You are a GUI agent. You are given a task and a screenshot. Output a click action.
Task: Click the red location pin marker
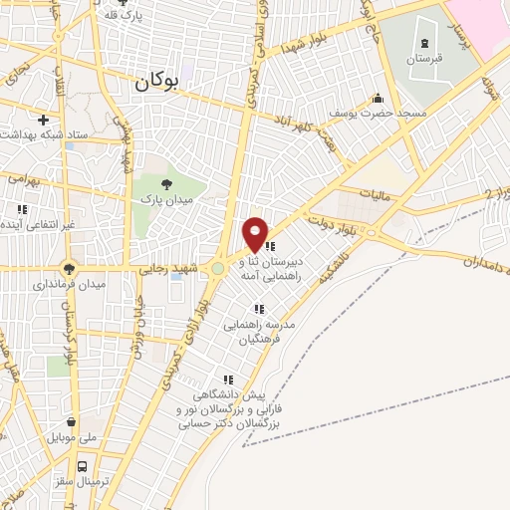[x=255, y=235]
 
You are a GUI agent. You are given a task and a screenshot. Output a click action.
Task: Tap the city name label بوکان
[x=156, y=85]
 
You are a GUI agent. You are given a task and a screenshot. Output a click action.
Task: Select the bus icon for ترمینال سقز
[x=83, y=465]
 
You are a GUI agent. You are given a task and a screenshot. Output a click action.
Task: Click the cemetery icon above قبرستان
[x=426, y=43]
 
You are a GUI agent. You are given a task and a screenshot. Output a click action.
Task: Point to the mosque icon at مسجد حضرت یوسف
[x=378, y=99]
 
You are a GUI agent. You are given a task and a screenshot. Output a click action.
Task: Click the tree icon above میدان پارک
[x=166, y=183]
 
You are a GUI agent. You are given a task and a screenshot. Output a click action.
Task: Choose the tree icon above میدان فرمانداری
[x=69, y=267]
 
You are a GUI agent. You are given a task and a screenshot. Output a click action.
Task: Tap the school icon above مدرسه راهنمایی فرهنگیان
[x=259, y=309]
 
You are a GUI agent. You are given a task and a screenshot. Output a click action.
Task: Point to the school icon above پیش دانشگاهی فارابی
[x=229, y=380]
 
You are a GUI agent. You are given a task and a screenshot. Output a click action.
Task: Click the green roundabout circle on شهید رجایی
[x=218, y=268]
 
